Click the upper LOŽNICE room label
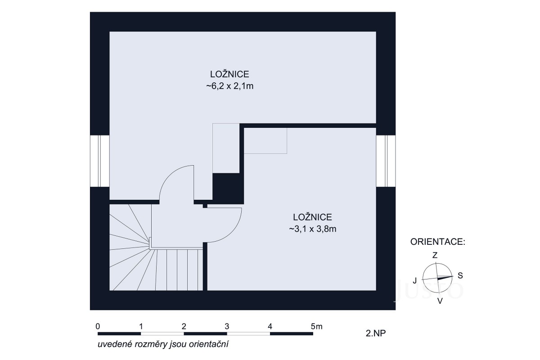click(x=229, y=74)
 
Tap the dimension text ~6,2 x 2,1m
click(x=230, y=86)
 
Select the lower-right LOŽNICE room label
click(x=312, y=217)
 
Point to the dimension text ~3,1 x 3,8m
click(x=313, y=229)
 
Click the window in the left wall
click(x=100, y=161)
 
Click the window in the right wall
click(x=386, y=161)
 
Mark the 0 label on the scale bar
click(x=98, y=327)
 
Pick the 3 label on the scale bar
click(x=227, y=327)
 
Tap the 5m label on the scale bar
click(x=316, y=327)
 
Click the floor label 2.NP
click(x=376, y=333)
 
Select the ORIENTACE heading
click(x=438, y=242)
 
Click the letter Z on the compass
click(x=435, y=255)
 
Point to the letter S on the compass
click(x=460, y=275)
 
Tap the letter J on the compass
click(x=414, y=281)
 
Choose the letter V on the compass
click(x=440, y=301)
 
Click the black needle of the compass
click(x=445, y=278)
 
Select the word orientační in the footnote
click(x=208, y=344)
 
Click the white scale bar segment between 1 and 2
click(x=162, y=334)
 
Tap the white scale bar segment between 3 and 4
click(x=248, y=334)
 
